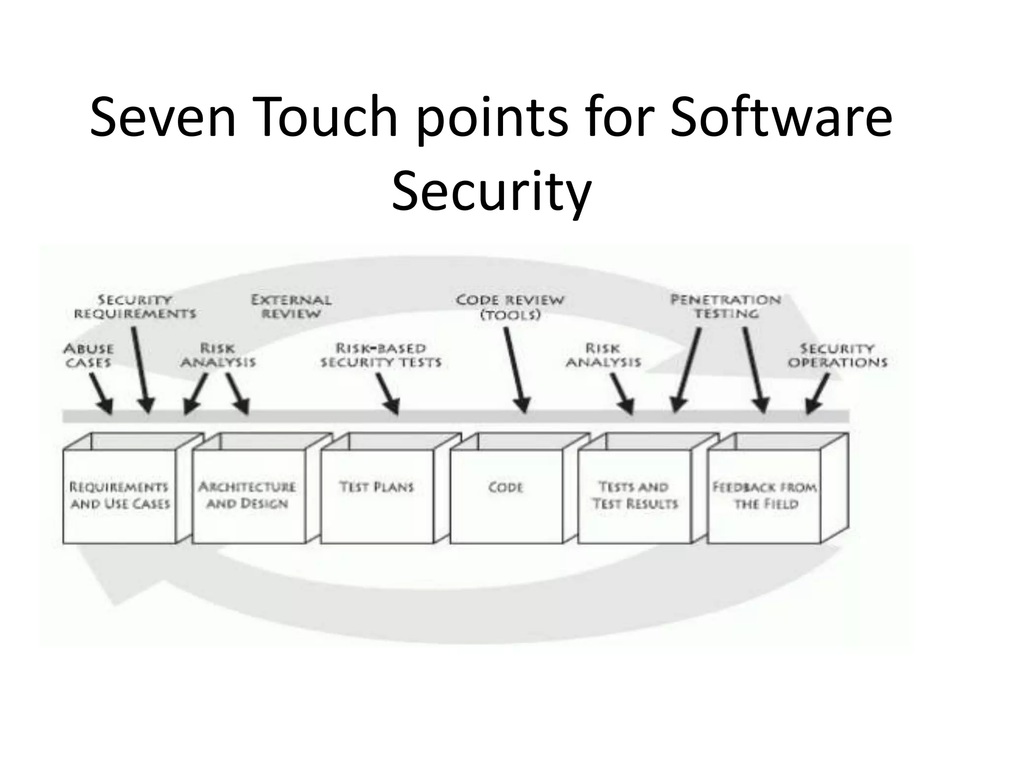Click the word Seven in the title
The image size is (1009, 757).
tap(163, 117)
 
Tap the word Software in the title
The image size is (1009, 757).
tap(781, 117)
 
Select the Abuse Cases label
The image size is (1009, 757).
tap(89, 356)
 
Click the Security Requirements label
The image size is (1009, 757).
tap(135, 307)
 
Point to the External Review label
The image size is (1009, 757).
tap(291, 307)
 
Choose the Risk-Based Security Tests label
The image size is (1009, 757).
tap(381, 356)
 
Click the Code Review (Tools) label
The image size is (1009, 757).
tap(510, 307)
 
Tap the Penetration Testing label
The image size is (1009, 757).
tap(726, 307)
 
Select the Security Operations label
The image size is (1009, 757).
tap(838, 356)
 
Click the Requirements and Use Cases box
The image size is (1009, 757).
tap(119, 495)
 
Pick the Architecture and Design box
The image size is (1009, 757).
tap(248, 495)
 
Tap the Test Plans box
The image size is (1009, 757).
tap(377, 495)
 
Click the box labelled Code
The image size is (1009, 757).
tap(506, 495)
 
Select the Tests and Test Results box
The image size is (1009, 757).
tap(635, 495)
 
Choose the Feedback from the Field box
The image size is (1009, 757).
tap(764, 495)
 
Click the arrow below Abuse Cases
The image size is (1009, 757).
tap(101, 393)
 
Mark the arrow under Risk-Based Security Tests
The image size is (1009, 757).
tap(388, 393)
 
